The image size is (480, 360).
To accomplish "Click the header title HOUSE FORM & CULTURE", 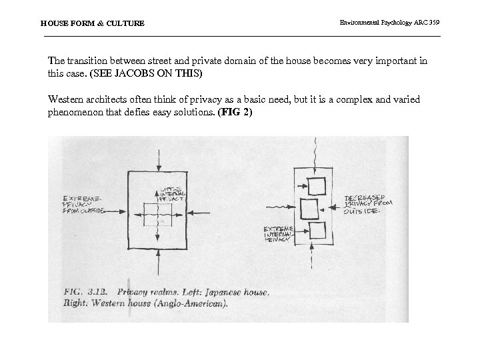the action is click(92, 23).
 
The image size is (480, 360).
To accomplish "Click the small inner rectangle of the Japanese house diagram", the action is click(158, 216).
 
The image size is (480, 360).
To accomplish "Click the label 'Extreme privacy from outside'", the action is click(84, 205).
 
